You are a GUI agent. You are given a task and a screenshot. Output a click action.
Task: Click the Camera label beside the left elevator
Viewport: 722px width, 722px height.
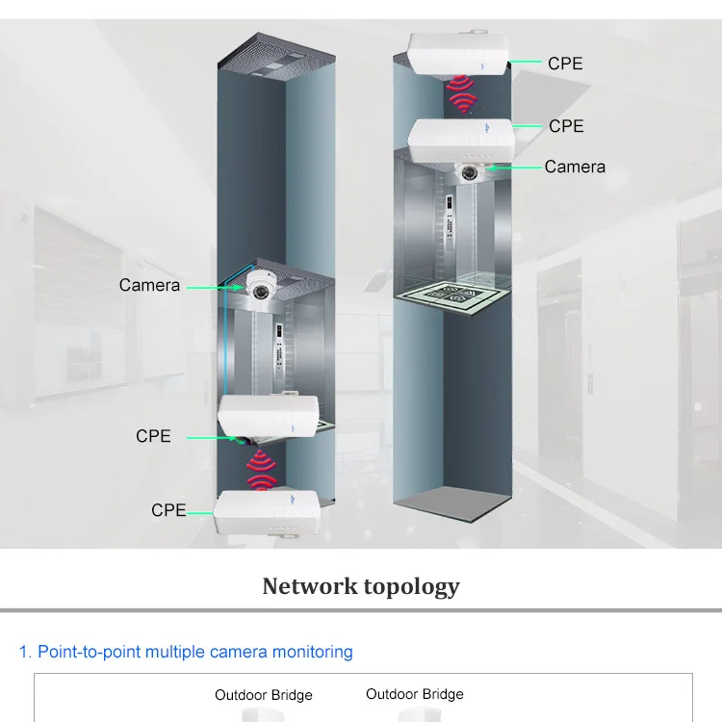[149, 285]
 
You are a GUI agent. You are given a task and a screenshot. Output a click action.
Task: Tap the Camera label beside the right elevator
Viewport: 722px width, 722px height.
[575, 167]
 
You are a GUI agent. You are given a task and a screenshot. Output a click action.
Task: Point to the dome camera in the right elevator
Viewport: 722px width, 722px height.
[471, 172]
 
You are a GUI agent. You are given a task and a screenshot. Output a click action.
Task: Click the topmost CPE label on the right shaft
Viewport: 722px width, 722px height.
[565, 64]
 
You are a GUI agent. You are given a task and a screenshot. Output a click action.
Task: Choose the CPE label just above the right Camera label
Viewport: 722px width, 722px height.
[566, 126]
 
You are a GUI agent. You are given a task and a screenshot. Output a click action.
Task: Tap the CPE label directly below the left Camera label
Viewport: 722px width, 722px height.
[153, 436]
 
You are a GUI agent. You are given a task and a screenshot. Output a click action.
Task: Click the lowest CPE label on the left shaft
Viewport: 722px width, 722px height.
[168, 510]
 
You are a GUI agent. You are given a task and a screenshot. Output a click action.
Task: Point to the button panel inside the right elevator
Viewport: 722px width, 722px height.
[451, 231]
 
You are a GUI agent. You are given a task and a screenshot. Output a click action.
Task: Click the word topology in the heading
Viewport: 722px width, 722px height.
[411, 586]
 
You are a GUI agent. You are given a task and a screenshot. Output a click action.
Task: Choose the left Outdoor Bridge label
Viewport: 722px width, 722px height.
[264, 695]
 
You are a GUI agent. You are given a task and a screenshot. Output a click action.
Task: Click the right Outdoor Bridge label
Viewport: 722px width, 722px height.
[415, 694]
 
